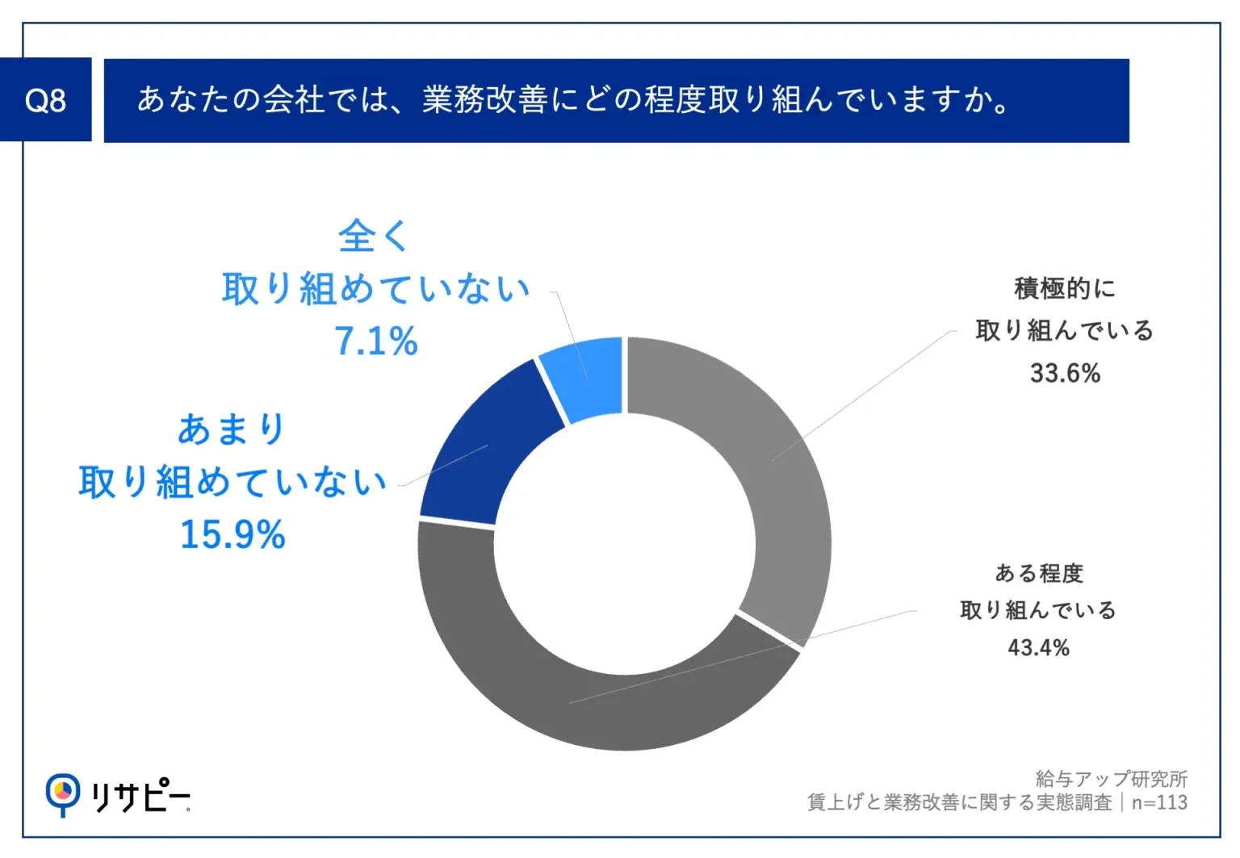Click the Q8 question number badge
pos(45,100)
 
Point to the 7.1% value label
pos(376,341)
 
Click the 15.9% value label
pos(232,534)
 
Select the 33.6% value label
pos(1065,373)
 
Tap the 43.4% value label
pos(1038,647)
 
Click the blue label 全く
pos(375,236)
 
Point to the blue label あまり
pos(232,429)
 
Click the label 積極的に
pos(1065,288)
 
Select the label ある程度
pos(1039,573)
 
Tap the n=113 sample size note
pos(1159,802)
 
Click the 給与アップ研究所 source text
pos(1111,779)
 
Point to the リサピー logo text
pos(140,797)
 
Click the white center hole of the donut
pos(625,543)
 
